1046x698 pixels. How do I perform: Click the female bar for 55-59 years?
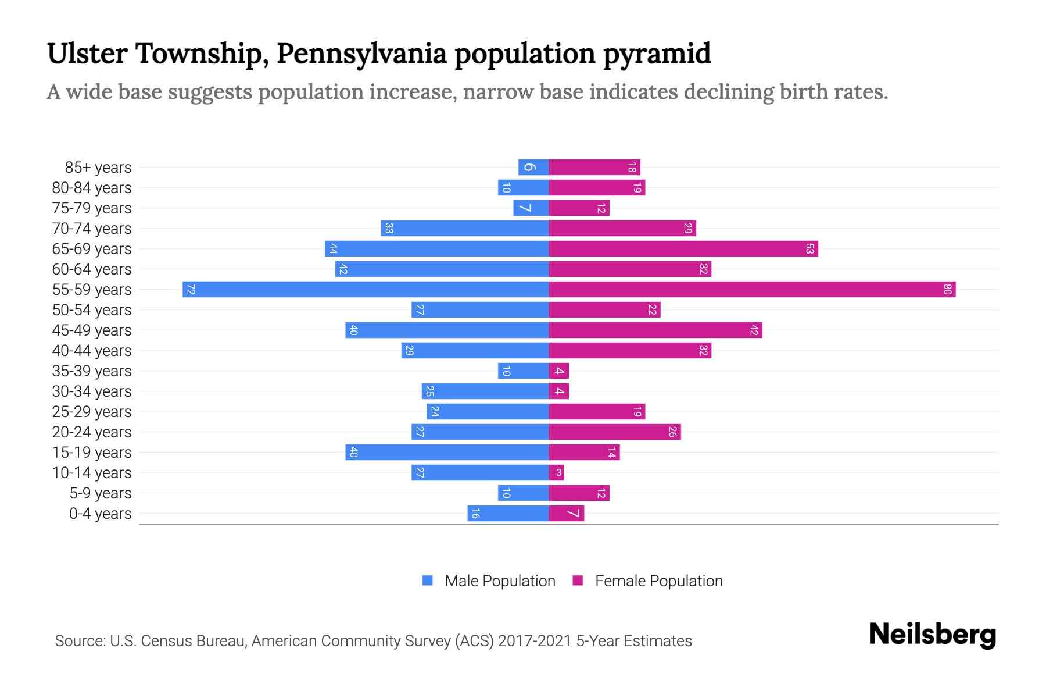752,290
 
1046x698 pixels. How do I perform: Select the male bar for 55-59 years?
366,290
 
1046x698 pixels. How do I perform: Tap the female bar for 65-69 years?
683,249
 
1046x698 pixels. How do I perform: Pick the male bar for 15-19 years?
447,453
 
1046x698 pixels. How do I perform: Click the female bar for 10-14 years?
556,473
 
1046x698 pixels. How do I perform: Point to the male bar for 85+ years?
533,168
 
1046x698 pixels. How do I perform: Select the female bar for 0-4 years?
567,514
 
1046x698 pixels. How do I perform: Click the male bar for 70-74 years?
465,229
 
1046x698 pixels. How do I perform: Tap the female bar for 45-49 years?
655,330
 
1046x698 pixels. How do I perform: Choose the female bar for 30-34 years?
559,391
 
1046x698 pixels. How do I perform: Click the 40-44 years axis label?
92,351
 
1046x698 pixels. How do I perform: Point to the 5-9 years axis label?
101,493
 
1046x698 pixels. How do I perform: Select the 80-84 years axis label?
92,188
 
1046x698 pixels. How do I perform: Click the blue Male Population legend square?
428,581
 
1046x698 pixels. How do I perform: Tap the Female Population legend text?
658,581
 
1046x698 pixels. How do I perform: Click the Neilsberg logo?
932,635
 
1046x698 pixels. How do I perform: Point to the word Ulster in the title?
87,54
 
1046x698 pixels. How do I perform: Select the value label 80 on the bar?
947,290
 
